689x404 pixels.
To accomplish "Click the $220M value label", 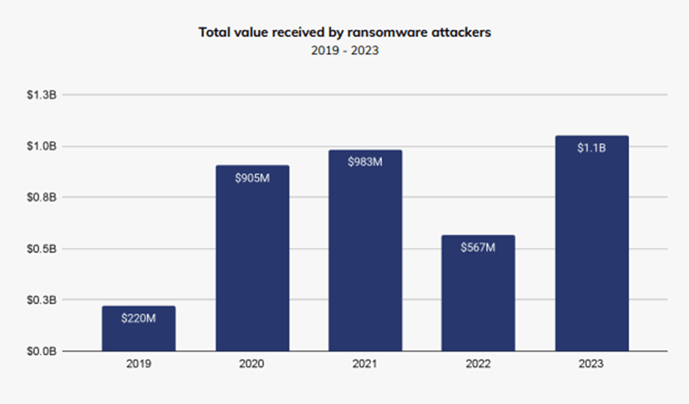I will (x=139, y=318).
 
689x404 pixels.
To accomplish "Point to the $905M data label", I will (x=252, y=178).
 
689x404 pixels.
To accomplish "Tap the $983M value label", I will (x=365, y=162).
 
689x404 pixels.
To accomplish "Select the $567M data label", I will (x=478, y=248).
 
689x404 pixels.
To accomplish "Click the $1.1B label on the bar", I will (x=591, y=148).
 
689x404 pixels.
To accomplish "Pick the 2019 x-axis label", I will (x=139, y=363).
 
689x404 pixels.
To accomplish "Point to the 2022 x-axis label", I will (x=478, y=363).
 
